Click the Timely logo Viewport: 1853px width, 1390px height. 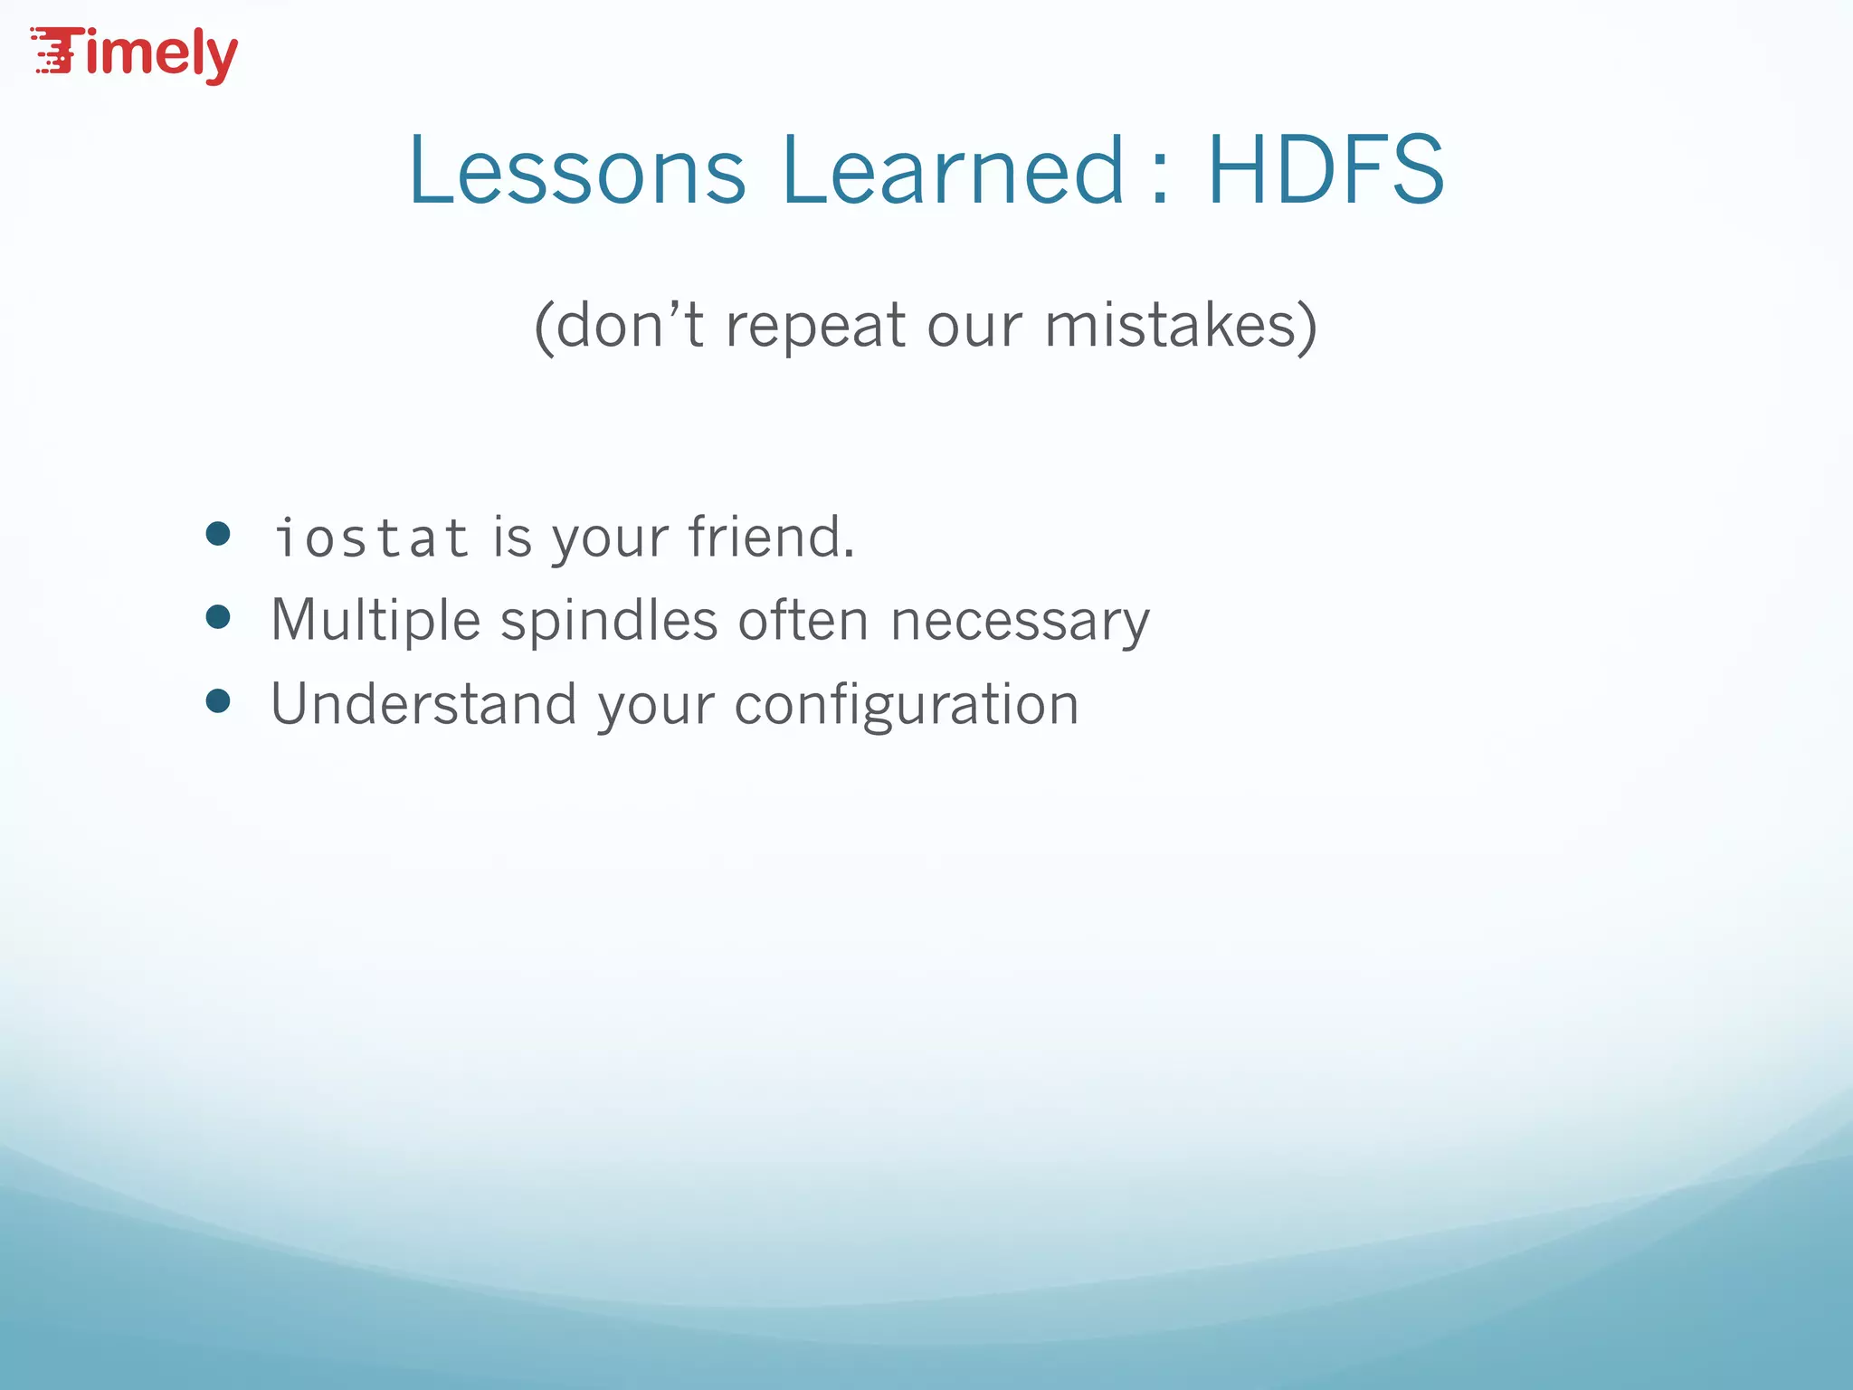tap(134, 54)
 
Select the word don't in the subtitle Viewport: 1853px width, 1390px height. tap(630, 325)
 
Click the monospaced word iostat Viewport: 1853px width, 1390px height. tap(371, 538)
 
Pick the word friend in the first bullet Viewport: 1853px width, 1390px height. tap(770, 537)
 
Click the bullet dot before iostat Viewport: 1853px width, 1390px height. tap(218, 533)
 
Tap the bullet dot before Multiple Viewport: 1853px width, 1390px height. tap(218, 617)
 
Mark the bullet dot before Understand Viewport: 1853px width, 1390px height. tap(218, 700)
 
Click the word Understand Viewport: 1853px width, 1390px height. tap(423, 704)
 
